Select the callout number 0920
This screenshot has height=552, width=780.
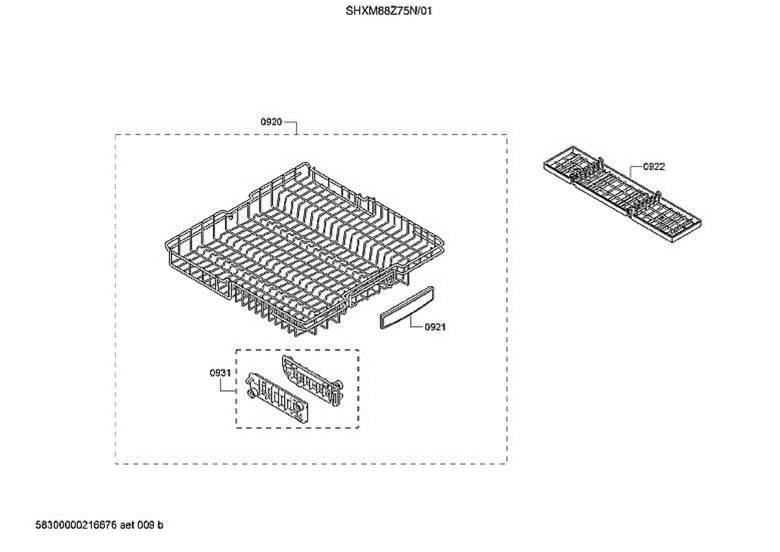[x=271, y=122]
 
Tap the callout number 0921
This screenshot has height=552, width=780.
[x=435, y=327]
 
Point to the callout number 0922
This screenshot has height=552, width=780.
[x=654, y=167]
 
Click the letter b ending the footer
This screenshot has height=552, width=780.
[x=161, y=525]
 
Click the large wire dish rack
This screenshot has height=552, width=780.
[x=305, y=247]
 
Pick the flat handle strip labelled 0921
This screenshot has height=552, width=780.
[x=404, y=310]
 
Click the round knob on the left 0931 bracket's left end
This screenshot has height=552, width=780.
[x=251, y=394]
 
